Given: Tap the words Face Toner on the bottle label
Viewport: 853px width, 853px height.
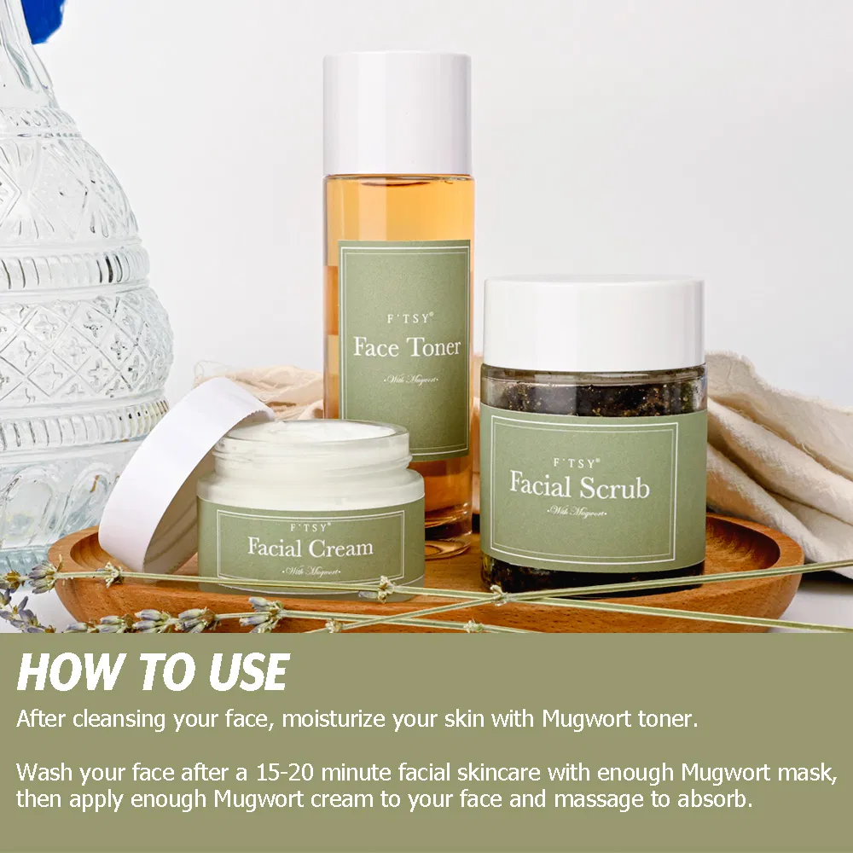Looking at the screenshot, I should point(407,346).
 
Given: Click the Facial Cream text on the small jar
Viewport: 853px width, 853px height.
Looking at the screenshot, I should point(310,546).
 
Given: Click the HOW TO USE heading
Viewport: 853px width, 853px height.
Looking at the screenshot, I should point(153,674).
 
